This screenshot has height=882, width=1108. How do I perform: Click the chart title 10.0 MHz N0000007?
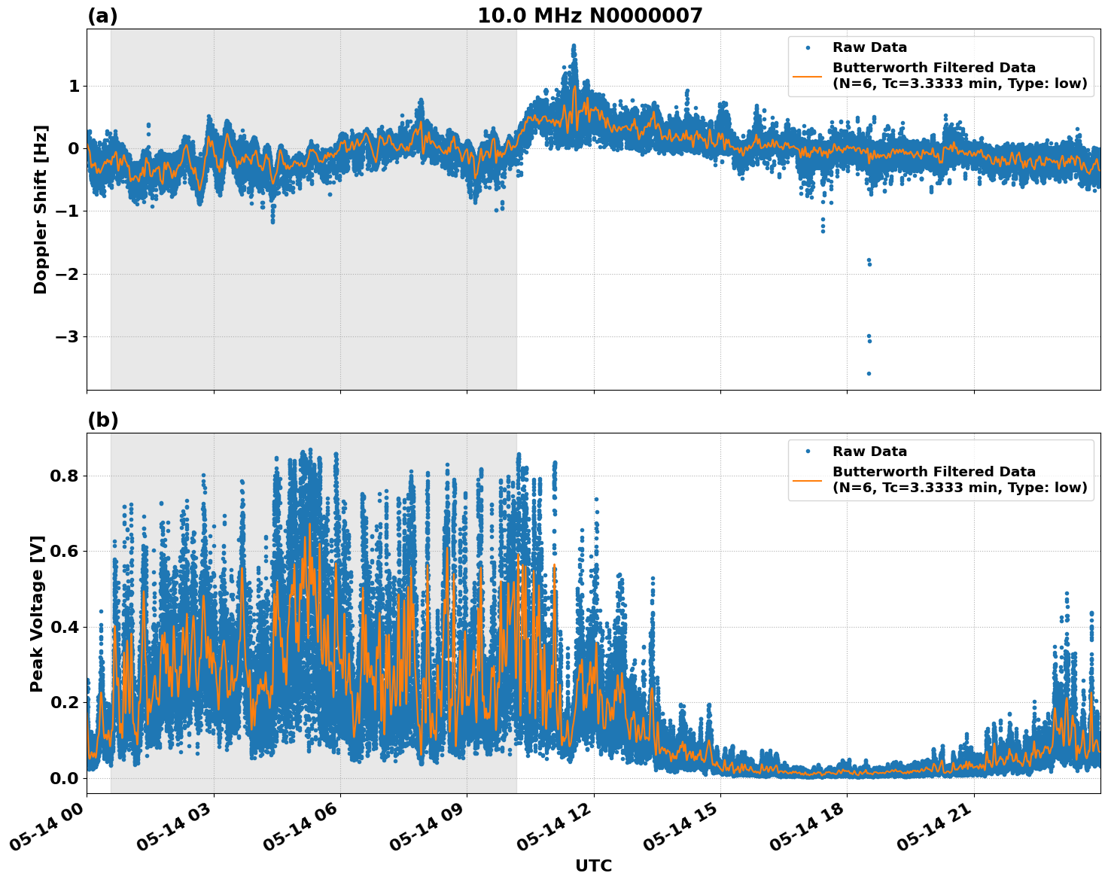(x=589, y=16)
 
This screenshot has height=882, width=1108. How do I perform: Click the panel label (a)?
(x=102, y=16)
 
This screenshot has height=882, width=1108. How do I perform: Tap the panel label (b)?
(x=102, y=420)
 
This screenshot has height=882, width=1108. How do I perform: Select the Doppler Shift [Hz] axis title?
(x=41, y=209)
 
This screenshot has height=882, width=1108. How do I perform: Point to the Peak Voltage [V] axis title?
(x=37, y=613)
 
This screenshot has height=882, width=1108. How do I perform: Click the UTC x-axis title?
(x=593, y=865)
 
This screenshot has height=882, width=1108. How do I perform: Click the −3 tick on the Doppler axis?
(x=68, y=336)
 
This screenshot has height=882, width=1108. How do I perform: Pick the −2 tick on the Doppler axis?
(x=68, y=274)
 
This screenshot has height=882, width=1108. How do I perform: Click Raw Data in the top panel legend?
(x=869, y=47)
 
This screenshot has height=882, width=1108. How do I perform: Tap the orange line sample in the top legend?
(x=808, y=75)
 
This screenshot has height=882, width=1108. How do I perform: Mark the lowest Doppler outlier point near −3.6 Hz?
(x=868, y=373)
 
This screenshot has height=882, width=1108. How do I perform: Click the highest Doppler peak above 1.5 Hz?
(x=574, y=47)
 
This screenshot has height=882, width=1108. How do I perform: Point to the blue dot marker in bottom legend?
(x=808, y=452)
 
